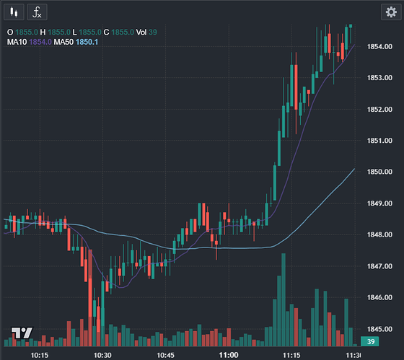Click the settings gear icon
click(391, 12)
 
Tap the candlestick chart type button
click(14, 12)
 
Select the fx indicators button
click(37, 12)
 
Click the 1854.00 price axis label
click(379, 47)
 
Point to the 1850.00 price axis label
click(379, 172)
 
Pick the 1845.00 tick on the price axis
click(379, 329)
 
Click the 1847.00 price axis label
click(379, 266)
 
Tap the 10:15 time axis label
click(40, 356)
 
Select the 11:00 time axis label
click(229, 356)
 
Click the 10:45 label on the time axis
click(165, 356)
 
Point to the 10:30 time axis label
click(102, 356)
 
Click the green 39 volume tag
click(369, 341)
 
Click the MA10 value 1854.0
click(40, 42)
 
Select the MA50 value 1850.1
click(87, 42)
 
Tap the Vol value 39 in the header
click(153, 32)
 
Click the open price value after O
click(27, 32)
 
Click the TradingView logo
click(22, 333)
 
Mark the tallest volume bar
click(284, 299)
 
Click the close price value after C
click(123, 32)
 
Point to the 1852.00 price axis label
click(379, 109)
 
